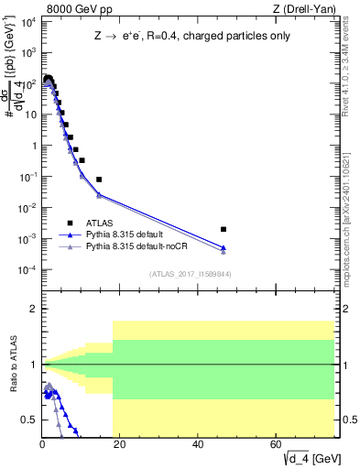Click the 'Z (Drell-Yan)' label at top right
(311, 9)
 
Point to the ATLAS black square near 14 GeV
(99, 180)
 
